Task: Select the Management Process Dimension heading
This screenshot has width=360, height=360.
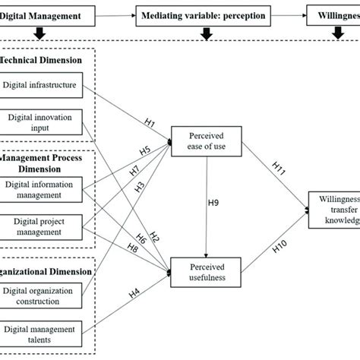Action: click(44, 161)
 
